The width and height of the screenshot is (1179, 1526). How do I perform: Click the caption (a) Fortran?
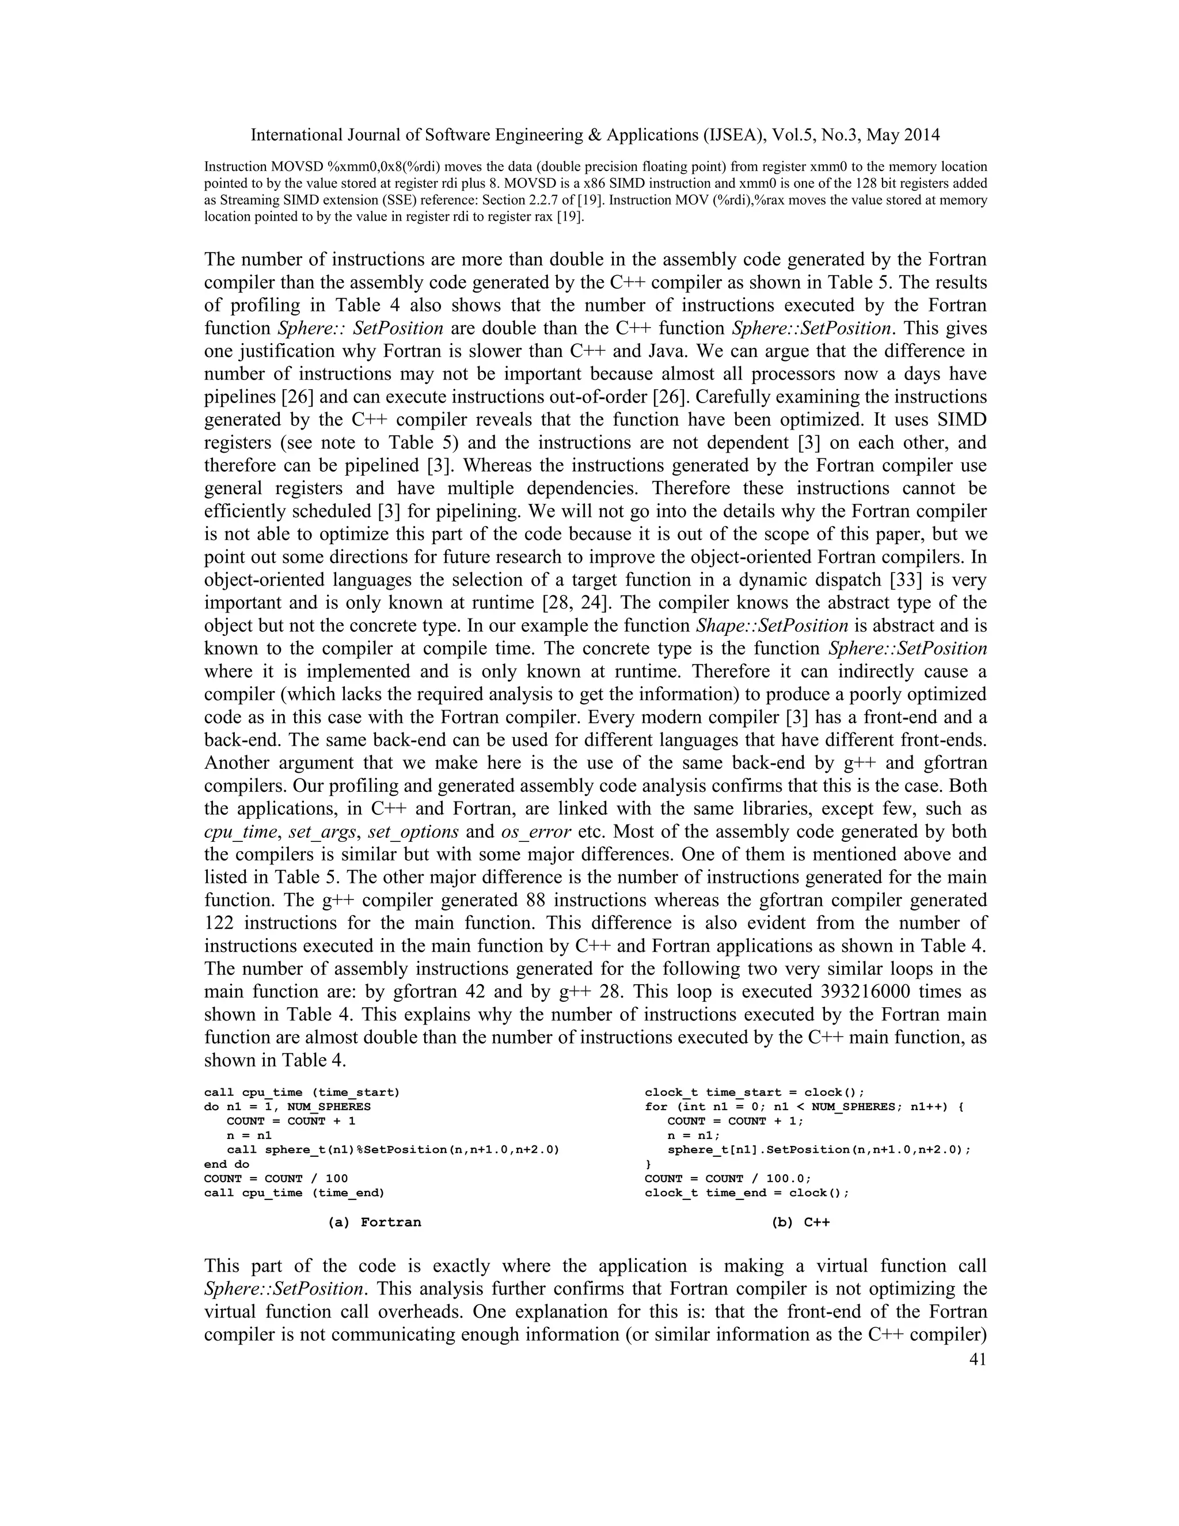(x=374, y=1222)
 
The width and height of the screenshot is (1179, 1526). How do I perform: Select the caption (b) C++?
(x=800, y=1222)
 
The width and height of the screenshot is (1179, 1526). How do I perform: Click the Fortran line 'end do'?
(x=226, y=1164)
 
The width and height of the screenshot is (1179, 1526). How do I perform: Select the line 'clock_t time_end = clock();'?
(x=747, y=1193)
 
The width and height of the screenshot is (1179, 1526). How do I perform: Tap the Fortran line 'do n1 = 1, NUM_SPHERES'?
(x=287, y=1107)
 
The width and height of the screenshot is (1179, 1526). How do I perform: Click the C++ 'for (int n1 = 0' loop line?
(x=803, y=1107)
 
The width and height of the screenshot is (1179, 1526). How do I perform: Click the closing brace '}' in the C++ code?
(x=648, y=1164)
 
